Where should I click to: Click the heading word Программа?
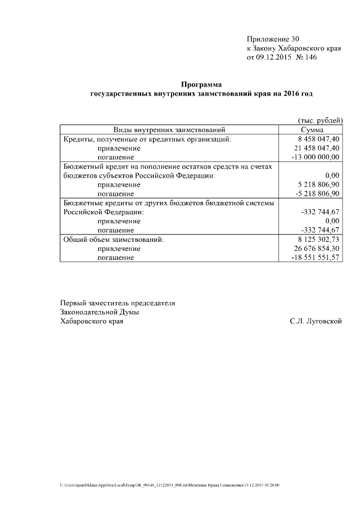[201, 84]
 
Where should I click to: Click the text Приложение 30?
[273, 39]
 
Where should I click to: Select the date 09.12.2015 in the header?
[274, 57]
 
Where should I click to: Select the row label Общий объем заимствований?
[112, 239]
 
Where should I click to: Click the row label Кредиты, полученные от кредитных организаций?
[147, 139]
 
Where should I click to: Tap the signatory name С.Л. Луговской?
[316, 321]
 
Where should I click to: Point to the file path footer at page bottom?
[169, 484]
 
